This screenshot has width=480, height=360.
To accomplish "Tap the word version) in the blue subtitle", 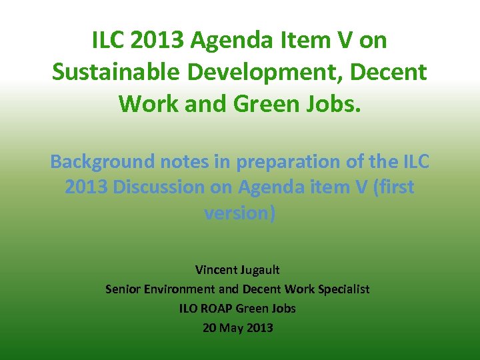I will click(239, 213).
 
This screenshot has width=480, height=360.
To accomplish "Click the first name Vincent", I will click(217, 270).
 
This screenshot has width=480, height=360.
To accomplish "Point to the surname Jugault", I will click(261, 270).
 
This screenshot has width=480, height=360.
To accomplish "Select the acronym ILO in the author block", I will click(189, 309).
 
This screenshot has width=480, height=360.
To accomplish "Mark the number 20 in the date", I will click(210, 328).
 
